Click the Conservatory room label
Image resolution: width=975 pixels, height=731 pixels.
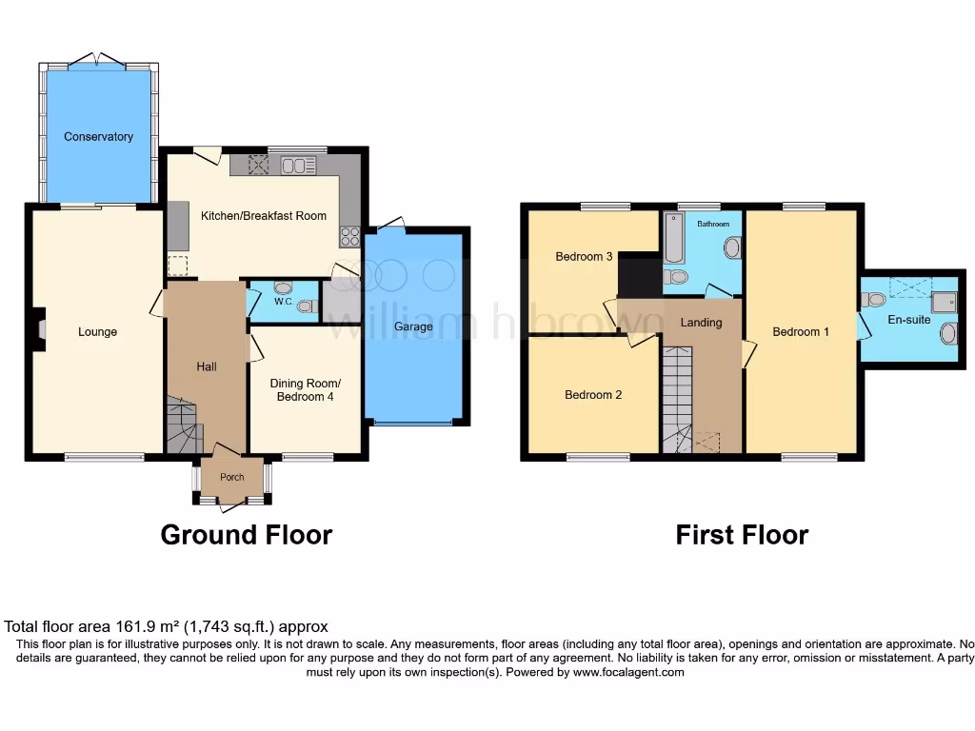point(98,137)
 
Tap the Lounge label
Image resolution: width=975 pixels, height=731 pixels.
point(97,332)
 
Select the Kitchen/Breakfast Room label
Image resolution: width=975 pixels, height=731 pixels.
point(263,216)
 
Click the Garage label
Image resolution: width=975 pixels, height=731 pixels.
point(414,326)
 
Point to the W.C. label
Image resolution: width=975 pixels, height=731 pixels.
point(283,303)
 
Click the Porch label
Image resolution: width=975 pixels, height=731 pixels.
point(231,478)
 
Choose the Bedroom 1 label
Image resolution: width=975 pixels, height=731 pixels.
point(800,332)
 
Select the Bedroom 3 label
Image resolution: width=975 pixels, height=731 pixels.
point(584,257)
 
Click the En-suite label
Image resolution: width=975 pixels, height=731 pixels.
point(908,320)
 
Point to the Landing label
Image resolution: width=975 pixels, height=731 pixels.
point(701,323)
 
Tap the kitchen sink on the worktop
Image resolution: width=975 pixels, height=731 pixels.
point(298,166)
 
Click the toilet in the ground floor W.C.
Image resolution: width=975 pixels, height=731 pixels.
point(306,306)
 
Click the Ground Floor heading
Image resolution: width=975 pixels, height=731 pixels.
point(246,535)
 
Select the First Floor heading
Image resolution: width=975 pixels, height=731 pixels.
point(742,535)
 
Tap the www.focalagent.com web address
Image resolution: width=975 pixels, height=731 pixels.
point(627,672)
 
